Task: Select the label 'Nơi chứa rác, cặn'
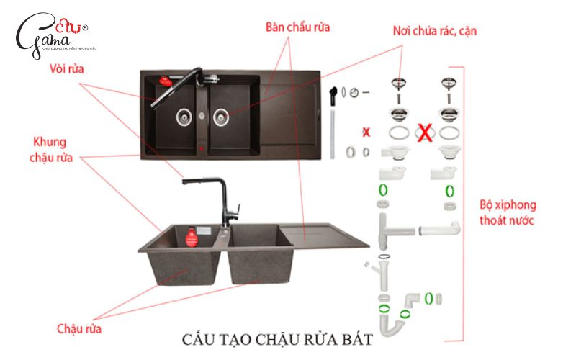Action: click(x=434, y=32)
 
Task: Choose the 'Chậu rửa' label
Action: click(x=79, y=328)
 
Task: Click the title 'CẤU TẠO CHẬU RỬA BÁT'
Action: click(x=277, y=338)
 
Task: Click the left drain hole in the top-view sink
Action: click(x=184, y=114)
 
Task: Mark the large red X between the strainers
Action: click(x=426, y=133)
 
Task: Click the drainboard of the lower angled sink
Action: click(x=317, y=234)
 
